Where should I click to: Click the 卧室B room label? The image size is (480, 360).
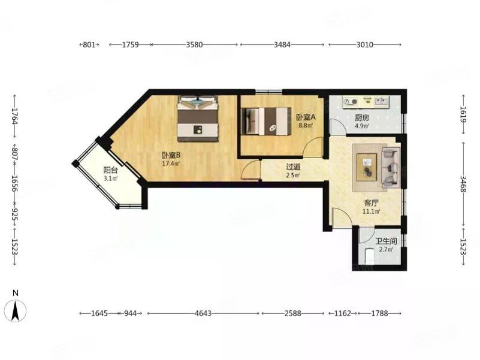tap(171, 156)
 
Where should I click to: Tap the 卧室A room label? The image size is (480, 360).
tap(306, 117)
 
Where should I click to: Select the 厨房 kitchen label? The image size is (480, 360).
tap(362, 117)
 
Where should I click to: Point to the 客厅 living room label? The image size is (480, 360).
tap(371, 203)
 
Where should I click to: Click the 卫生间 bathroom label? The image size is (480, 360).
tap(386, 241)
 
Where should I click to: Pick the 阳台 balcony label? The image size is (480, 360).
tap(110, 170)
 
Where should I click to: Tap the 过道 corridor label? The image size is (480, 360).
tap(293, 167)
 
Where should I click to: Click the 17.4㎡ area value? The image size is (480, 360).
tap(171, 164)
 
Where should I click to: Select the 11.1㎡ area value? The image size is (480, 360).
tap(371, 211)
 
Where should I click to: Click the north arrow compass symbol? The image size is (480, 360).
tap(16, 310)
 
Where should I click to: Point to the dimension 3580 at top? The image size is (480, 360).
tap(194, 45)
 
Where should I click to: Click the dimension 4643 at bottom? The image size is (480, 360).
tap(203, 313)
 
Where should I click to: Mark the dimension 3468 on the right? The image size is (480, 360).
tap(464, 184)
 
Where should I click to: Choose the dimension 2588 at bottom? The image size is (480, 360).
tap(292, 313)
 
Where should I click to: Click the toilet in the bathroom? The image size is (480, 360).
tap(370, 256)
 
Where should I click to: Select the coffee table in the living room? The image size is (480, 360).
tap(367, 167)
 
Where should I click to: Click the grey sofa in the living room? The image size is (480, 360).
tap(391, 167)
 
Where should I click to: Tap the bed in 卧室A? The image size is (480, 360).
tap(265, 121)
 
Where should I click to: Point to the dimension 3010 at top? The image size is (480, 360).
tap(364, 45)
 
